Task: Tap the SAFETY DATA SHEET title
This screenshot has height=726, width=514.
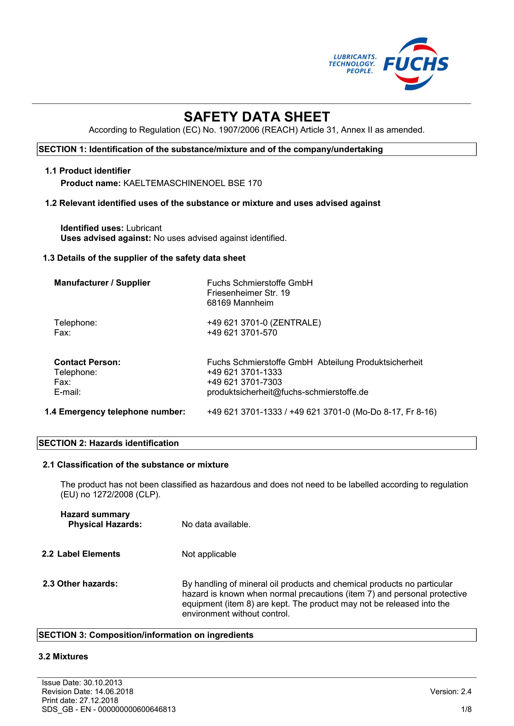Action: [x=257, y=117]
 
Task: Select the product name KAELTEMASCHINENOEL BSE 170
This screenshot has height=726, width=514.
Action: [x=192, y=183]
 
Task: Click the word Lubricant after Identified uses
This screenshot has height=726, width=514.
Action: [x=144, y=228]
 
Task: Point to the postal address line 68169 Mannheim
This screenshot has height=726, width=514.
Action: [x=240, y=303]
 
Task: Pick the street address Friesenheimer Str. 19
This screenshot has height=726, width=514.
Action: [x=248, y=293]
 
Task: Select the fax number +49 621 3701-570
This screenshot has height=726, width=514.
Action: [x=242, y=333]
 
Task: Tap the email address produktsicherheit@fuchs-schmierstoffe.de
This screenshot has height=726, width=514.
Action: [x=287, y=392]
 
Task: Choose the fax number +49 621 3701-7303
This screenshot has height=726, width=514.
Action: [x=244, y=382]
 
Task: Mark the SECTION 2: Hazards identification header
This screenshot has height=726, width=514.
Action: [x=109, y=443]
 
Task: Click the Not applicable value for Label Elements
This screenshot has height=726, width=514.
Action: [x=209, y=554]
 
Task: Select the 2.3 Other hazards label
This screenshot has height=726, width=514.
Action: [x=80, y=584]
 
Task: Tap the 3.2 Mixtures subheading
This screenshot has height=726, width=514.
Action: [x=63, y=656]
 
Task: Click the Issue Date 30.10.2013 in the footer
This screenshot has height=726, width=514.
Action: [x=82, y=683]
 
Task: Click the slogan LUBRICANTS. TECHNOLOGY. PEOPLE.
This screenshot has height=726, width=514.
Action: [x=352, y=64]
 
